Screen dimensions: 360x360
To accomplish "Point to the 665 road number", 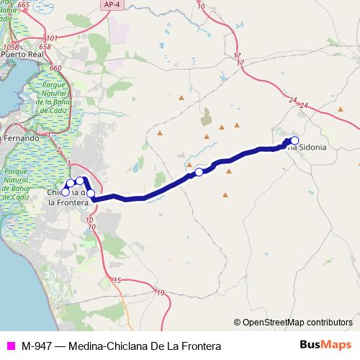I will click(x=24, y=5).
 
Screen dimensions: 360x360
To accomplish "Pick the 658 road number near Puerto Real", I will click(x=45, y=47).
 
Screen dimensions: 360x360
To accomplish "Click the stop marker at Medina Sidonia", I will click(x=294, y=140).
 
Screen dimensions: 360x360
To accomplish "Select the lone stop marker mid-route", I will click(x=199, y=171).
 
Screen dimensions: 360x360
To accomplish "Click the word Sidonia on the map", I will click(x=311, y=147).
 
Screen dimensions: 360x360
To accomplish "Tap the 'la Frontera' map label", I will click(x=68, y=202).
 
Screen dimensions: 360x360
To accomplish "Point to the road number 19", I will click(x=159, y=292).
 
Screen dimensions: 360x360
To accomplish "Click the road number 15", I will click(x=117, y=279).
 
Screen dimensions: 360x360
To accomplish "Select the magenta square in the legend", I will click(x=10, y=346).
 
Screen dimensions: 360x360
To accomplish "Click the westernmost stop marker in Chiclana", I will click(x=65, y=192).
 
